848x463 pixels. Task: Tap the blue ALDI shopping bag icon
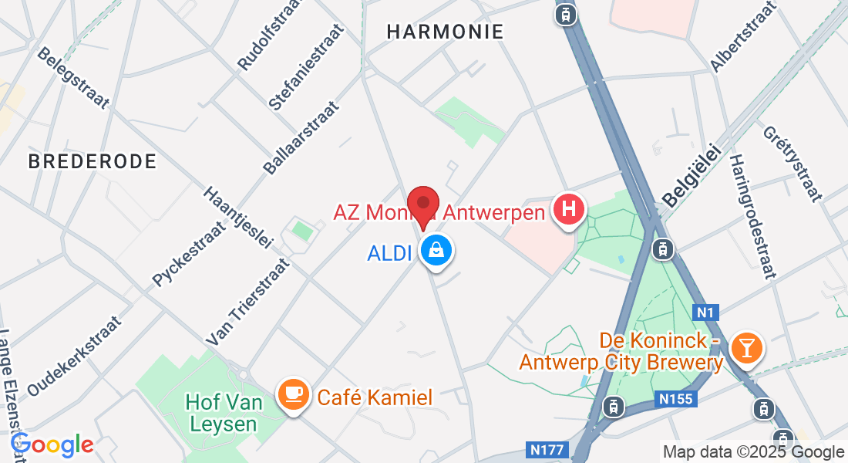click(x=437, y=252)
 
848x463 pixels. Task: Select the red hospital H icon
click(x=569, y=210)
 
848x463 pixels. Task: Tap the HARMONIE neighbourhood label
click(x=445, y=32)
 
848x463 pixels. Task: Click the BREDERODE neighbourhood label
click(x=93, y=161)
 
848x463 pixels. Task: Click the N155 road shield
click(x=677, y=399)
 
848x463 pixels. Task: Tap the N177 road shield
click(x=549, y=449)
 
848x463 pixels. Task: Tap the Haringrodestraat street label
click(x=751, y=215)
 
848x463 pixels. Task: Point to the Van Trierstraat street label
click(x=248, y=302)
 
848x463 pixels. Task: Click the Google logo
click(x=52, y=444)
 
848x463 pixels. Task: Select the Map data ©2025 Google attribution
click(x=754, y=452)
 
